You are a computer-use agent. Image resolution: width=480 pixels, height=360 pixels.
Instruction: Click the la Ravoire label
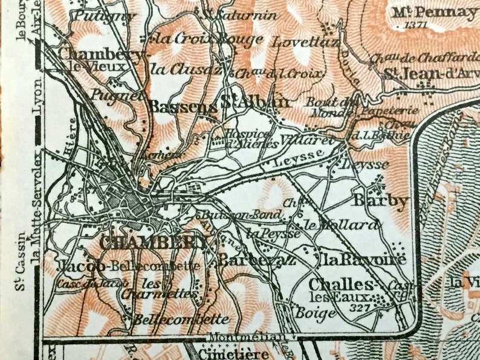tap(355, 260)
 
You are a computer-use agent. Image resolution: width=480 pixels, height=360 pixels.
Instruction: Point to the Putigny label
tap(103, 16)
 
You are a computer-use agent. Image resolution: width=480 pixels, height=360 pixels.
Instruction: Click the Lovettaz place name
tap(297, 42)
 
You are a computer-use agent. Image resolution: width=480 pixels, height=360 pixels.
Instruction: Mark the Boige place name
tap(316, 313)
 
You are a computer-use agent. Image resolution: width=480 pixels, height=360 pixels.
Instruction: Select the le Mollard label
tap(342, 226)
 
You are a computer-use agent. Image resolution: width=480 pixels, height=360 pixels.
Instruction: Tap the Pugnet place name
tap(117, 94)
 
